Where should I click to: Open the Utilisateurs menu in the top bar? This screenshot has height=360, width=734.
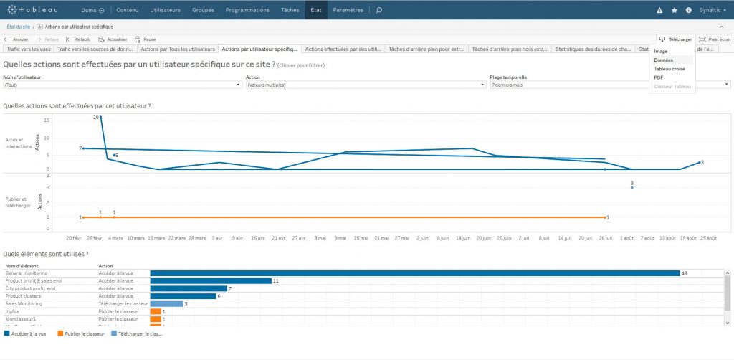coord(166,10)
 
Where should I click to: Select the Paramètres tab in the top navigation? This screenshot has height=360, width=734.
coord(348,10)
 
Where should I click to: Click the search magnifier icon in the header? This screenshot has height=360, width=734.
coord(379,10)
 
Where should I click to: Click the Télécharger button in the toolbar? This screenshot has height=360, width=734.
coord(675,39)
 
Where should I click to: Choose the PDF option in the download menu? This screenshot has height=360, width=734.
coord(659,77)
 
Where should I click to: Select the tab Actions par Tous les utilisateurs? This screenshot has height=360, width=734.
coord(178,49)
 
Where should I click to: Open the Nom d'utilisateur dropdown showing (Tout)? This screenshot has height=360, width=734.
coord(122,85)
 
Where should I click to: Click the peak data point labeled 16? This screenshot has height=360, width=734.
coord(100,117)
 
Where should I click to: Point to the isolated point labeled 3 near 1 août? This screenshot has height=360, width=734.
coord(632,187)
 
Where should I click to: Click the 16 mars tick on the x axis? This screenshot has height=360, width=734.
coord(156,237)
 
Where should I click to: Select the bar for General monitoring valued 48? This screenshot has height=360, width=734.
coord(414,273)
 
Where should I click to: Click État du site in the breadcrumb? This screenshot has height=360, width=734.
coord(19,27)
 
